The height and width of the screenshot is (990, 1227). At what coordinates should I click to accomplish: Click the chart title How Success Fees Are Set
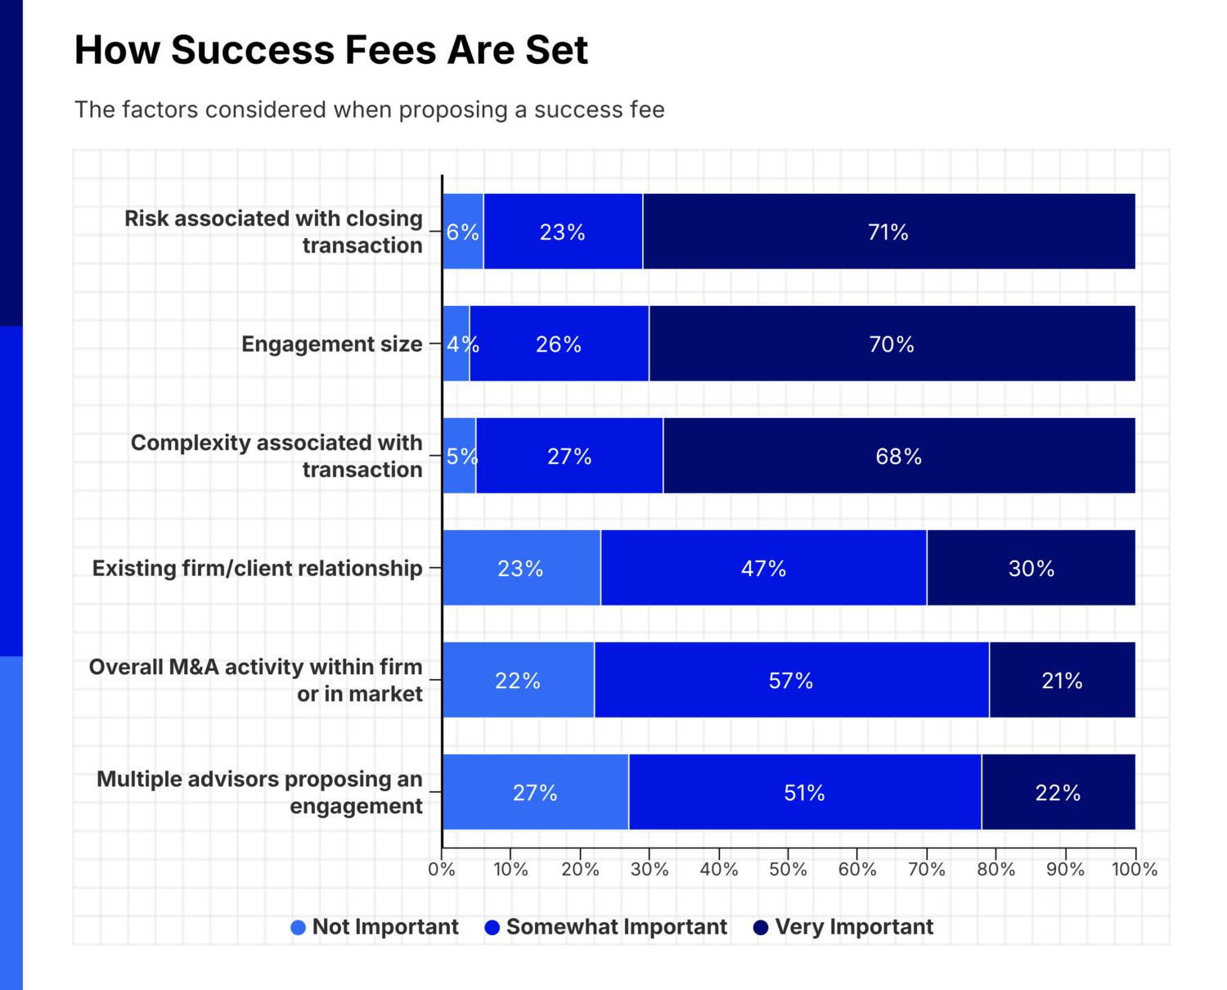(331, 50)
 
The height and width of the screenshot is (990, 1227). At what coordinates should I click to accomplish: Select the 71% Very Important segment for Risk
(888, 232)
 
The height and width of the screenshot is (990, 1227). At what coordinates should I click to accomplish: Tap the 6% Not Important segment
(462, 232)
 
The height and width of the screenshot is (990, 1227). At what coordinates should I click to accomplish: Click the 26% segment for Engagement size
(559, 344)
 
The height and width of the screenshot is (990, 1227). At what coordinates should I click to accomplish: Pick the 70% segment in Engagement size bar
(892, 344)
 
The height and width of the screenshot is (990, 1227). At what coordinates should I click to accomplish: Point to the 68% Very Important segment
(898, 457)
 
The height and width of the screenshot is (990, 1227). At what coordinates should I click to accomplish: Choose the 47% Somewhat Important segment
(763, 569)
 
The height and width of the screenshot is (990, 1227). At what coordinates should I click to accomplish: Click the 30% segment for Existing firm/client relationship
(1031, 569)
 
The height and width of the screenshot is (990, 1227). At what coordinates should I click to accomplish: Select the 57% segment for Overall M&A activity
(791, 681)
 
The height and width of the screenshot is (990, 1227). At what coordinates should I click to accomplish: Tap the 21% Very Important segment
(1062, 681)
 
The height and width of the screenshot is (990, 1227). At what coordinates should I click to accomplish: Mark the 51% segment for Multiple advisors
(804, 793)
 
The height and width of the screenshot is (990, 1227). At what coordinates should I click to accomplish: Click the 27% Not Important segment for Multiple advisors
(535, 793)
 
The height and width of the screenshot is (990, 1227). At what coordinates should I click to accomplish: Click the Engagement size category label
(331, 344)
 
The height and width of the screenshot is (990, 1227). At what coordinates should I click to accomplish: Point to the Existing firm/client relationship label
(257, 569)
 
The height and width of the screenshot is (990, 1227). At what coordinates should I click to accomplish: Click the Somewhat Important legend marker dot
(492, 928)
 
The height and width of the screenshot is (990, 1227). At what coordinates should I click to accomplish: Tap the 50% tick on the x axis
(788, 870)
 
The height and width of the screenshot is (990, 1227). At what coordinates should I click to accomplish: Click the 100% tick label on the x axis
(1134, 870)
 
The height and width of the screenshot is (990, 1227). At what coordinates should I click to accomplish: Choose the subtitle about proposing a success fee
(369, 110)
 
